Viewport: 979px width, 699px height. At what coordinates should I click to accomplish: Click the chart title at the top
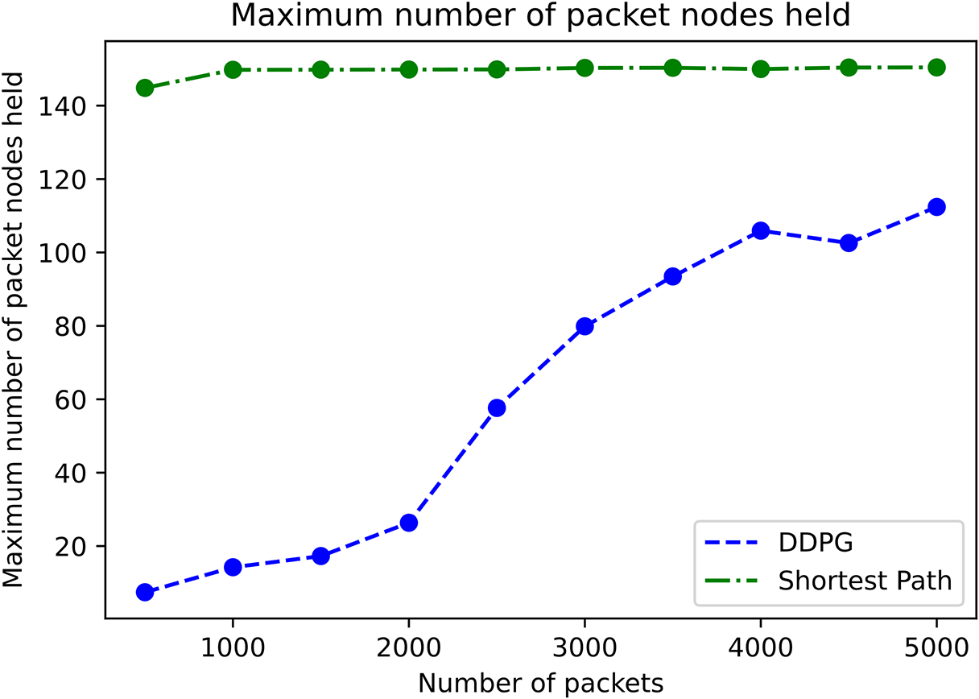(541, 15)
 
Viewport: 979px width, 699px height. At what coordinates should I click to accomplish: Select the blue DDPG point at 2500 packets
(497, 408)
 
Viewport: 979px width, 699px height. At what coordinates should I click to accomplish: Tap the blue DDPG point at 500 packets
(145, 593)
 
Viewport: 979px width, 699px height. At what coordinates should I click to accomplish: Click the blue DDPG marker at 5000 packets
(936, 207)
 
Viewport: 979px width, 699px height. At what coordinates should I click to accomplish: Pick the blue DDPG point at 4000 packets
(760, 231)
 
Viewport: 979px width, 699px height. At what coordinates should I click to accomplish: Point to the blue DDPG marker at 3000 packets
(585, 326)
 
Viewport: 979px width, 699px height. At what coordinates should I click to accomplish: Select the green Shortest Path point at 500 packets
(145, 88)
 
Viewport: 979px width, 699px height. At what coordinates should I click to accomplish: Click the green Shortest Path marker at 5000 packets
(936, 68)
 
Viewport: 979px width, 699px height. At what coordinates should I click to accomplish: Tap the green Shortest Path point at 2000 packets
(409, 69)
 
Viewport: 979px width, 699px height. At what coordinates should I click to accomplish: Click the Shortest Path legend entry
(865, 580)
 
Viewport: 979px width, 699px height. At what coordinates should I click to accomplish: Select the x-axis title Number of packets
(541, 683)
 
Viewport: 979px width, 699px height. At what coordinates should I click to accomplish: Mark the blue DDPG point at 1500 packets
(320, 556)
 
